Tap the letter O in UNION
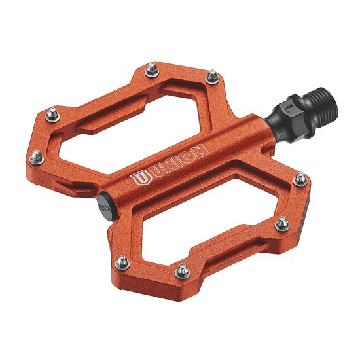pyautogui.click(x=191, y=157)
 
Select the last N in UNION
pyautogui.click(x=203, y=152)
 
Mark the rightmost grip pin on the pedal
pyautogui.click(x=299, y=178)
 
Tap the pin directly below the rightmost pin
pyautogui.click(x=281, y=223)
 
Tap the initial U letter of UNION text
pyautogui.click(x=154, y=173)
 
